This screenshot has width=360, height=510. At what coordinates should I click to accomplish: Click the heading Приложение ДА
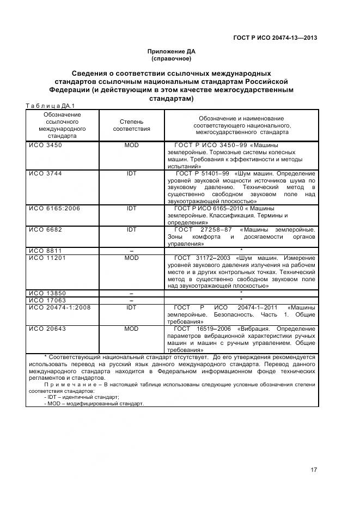[171, 52]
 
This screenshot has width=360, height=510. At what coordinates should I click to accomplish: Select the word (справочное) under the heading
[171, 58]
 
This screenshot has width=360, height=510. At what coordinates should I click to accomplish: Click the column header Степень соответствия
[131, 125]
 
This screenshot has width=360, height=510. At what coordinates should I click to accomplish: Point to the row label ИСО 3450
[46, 145]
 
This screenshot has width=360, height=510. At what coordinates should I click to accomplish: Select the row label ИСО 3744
[46, 173]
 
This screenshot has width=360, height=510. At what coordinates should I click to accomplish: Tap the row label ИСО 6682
[46, 229]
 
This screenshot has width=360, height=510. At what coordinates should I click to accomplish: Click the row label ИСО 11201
[47, 258]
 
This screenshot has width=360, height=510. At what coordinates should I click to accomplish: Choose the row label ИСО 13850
[47, 293]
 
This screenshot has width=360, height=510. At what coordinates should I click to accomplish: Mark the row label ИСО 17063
[47, 300]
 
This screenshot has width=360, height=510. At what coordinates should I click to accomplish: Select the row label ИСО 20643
[47, 329]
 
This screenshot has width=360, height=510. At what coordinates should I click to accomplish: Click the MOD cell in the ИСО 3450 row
[131, 145]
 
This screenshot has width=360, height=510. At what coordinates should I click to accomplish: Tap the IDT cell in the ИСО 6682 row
[131, 229]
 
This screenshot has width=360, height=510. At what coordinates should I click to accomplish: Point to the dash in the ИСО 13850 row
[131, 293]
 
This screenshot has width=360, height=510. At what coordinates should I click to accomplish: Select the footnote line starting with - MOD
[94, 404]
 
